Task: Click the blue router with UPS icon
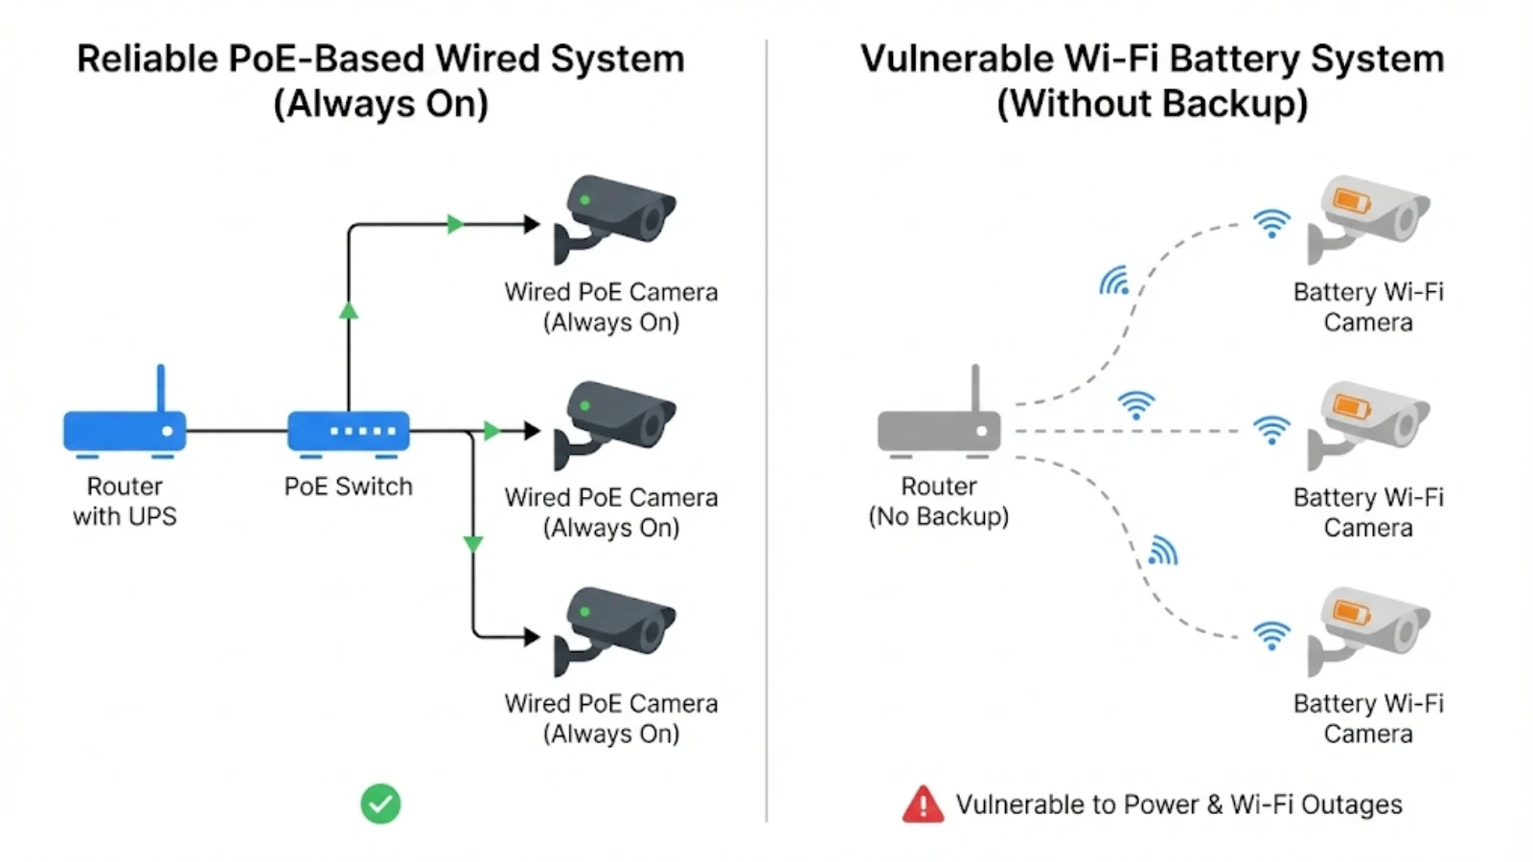click(125, 430)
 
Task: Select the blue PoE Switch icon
click(349, 431)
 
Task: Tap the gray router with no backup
click(939, 430)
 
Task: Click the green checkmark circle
click(380, 804)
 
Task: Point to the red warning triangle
click(923, 805)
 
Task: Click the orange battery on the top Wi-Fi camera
click(1352, 200)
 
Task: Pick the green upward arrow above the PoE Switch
click(349, 310)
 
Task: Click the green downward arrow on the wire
click(472, 544)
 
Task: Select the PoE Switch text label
click(348, 487)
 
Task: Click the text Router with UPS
click(125, 501)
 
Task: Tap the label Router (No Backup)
click(939, 501)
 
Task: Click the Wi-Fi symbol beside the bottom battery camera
click(1271, 635)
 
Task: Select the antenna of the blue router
click(161, 388)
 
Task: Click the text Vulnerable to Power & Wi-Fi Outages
click(1178, 805)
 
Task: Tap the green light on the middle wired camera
click(584, 406)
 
